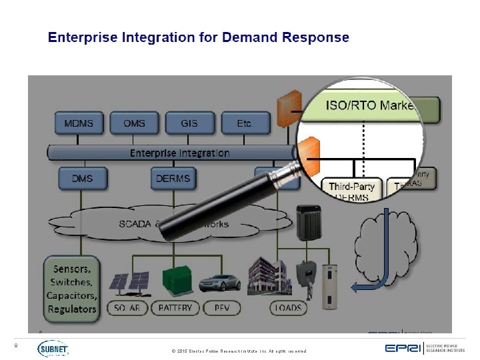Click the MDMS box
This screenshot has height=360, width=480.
click(x=79, y=124)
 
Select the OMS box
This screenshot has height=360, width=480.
click(x=135, y=124)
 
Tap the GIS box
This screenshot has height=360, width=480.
click(x=189, y=124)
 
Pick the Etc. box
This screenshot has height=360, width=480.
click(x=244, y=124)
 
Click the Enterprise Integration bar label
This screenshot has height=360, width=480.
click(x=179, y=153)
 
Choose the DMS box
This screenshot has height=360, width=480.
click(x=82, y=179)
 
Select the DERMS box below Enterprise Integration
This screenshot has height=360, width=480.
click(x=173, y=179)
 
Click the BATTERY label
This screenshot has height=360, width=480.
click(x=175, y=308)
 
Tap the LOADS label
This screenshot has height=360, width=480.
click(x=287, y=308)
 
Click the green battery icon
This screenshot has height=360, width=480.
click(x=175, y=282)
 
